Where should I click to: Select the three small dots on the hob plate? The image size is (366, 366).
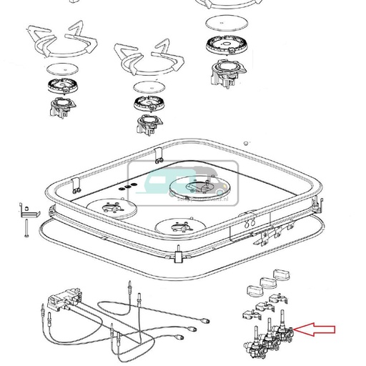click(x=128, y=187)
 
